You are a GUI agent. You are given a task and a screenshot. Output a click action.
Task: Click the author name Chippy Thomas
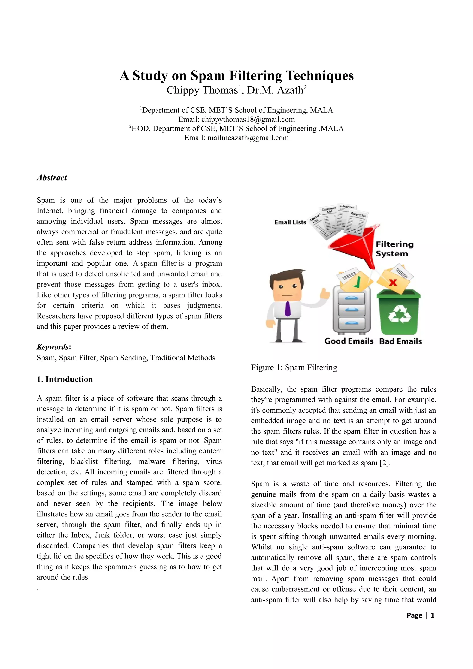[x=202, y=90]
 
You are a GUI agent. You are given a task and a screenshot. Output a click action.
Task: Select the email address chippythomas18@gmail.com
[x=248, y=120]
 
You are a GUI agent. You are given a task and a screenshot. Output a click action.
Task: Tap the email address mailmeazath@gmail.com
[x=248, y=138]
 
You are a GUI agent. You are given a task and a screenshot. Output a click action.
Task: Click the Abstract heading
[x=52, y=178]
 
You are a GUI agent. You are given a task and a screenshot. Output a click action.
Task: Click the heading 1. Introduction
[x=65, y=379]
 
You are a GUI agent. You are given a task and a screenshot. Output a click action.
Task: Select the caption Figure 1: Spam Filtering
[x=294, y=368]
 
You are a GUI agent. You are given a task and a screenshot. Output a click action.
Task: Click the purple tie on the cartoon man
[x=287, y=309]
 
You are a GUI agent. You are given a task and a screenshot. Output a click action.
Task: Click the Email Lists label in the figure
[x=290, y=222]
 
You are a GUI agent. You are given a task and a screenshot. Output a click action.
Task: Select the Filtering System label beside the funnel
[x=394, y=249]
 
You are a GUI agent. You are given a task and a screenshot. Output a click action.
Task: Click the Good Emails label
[x=349, y=341]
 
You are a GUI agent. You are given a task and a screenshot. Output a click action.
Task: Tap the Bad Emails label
[x=400, y=341]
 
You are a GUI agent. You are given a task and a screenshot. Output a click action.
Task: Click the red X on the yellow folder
[x=393, y=282]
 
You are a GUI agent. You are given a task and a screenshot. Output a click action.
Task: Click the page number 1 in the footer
[x=433, y=615]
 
